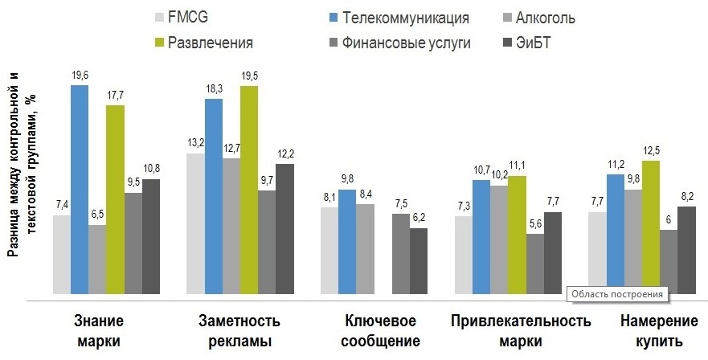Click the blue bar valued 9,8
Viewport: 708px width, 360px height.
347,241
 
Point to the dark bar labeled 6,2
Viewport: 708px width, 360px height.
419,260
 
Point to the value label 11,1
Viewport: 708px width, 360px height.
517,166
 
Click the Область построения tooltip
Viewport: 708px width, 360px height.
618,294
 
